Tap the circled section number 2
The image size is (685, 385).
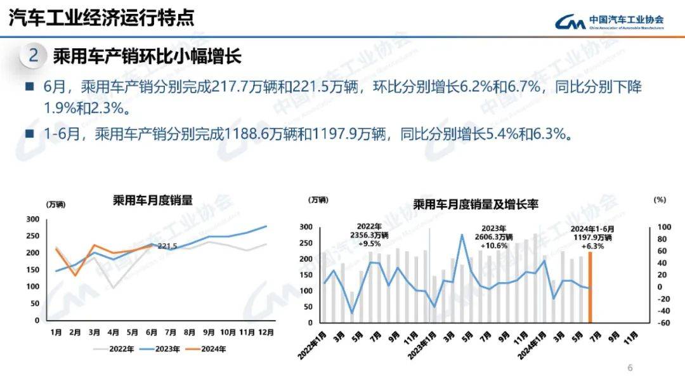(33, 56)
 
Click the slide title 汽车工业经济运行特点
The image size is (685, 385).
(101, 17)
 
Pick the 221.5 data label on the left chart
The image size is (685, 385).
(167, 246)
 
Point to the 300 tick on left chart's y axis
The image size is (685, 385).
(32, 219)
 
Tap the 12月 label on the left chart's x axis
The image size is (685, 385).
(266, 332)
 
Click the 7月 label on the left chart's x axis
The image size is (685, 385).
(170, 332)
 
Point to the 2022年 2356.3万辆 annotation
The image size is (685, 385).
(369, 235)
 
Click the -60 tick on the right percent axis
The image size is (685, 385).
(662, 323)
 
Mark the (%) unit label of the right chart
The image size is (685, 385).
(660, 200)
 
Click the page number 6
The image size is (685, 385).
(630, 368)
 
